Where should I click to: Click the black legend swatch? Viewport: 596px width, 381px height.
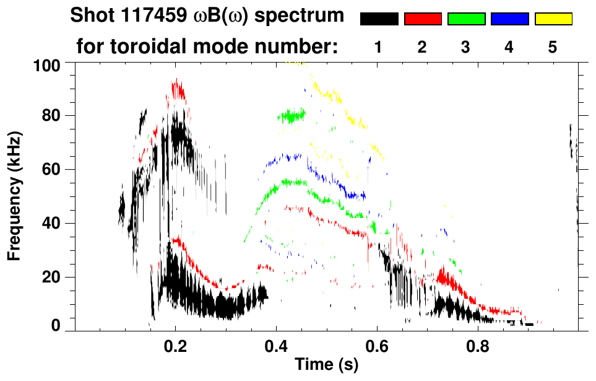coord(379,19)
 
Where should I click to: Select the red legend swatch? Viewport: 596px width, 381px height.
coord(423,19)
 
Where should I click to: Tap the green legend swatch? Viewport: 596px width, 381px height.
coord(466,19)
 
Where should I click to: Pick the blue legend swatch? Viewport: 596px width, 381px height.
coord(509,19)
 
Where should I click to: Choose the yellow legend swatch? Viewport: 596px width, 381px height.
coord(553,19)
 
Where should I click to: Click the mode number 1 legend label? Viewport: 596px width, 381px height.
coord(379,48)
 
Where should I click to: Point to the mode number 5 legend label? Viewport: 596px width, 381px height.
coord(553,48)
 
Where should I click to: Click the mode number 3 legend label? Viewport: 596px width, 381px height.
coord(466,48)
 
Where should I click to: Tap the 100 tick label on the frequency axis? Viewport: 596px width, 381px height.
coord(46,64)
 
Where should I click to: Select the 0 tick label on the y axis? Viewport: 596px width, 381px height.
coord(55,325)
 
